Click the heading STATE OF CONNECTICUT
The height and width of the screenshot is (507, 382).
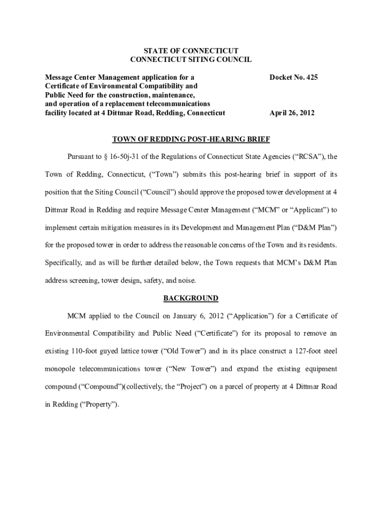191,51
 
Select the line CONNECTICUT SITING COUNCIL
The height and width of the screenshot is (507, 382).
191,59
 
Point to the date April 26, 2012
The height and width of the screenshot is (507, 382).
292,113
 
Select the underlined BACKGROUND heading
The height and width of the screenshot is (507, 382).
191,299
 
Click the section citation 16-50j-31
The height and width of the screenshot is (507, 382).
131,156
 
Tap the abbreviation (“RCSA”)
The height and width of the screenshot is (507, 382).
311,156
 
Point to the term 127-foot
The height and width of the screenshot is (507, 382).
285,351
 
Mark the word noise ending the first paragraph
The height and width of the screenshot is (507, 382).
186,280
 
